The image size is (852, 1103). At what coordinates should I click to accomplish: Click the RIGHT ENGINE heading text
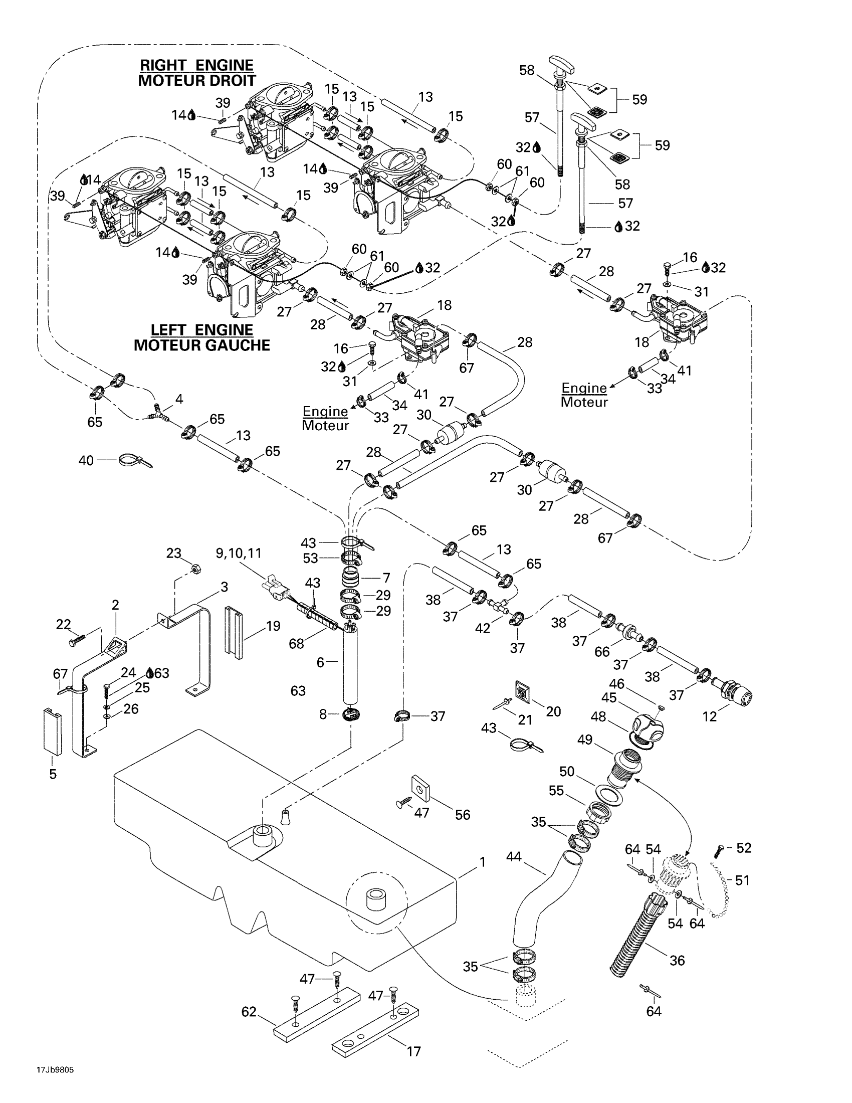click(x=196, y=65)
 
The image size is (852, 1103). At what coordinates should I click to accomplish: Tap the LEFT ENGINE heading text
click(x=201, y=330)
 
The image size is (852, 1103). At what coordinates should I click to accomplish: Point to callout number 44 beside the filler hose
click(x=513, y=856)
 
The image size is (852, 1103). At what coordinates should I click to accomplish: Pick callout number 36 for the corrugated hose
click(x=677, y=960)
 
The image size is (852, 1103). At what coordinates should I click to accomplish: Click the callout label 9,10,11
click(x=238, y=554)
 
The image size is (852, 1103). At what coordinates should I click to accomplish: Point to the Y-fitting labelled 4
click(x=157, y=412)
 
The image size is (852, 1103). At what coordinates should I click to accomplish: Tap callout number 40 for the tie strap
click(x=86, y=460)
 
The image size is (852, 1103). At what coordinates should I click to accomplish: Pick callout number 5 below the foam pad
click(x=53, y=774)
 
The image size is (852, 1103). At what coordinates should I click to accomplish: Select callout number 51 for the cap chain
click(x=742, y=880)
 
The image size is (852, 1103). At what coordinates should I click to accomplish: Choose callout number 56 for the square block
click(x=463, y=815)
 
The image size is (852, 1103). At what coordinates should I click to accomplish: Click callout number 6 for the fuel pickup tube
click(x=320, y=662)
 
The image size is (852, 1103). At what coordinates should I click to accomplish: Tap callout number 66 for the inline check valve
click(x=601, y=651)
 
